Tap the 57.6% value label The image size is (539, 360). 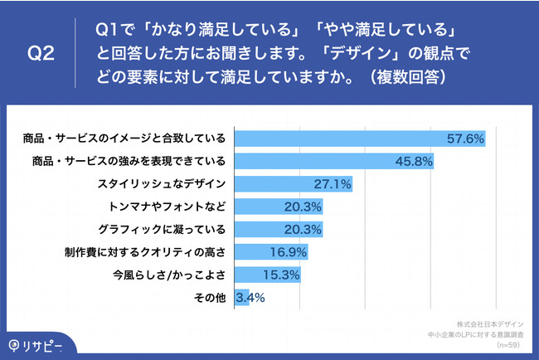tap(465, 139)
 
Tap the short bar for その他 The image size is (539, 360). tap(242, 296)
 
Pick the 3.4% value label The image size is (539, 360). tap(251, 296)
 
